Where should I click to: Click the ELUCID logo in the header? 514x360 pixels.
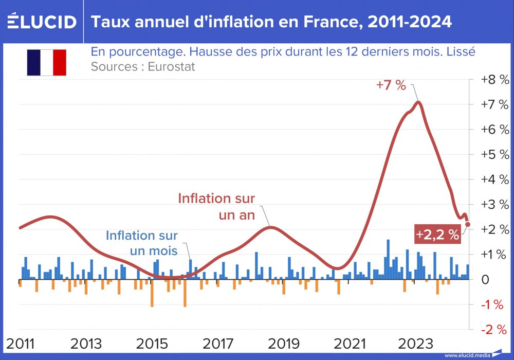coord(42,22)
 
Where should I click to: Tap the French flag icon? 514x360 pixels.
coord(47,63)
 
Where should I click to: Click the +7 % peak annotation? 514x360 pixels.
coord(391,85)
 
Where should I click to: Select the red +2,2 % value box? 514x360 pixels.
coord(437,235)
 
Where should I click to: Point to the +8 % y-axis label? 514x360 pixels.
coord(494,80)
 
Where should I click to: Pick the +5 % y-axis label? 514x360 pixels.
coord(494,155)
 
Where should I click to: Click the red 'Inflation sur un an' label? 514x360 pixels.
coord(216,206)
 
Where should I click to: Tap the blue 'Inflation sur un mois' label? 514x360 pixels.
coord(142,243)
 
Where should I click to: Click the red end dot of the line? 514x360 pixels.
coord(468,224)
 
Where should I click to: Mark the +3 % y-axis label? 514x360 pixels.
coord(494,205)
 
